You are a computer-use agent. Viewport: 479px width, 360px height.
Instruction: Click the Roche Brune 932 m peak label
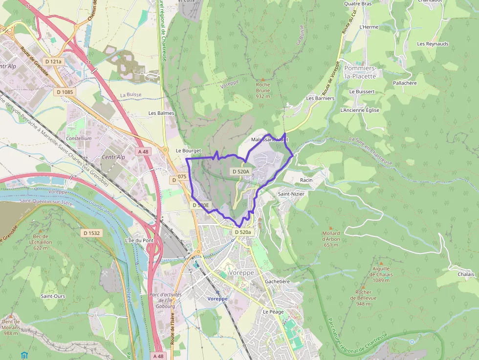262,90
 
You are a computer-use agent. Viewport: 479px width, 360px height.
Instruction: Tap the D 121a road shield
53,62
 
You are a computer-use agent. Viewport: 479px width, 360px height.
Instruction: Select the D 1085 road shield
65,92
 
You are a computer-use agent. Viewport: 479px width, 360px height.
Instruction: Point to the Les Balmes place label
161,113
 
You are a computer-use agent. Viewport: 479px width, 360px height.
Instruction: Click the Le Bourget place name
188,151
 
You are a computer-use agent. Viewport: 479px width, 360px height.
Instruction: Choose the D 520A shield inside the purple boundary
240,171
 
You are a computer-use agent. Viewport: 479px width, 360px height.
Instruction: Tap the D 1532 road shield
91,233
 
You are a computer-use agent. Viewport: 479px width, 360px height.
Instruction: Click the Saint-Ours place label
53,296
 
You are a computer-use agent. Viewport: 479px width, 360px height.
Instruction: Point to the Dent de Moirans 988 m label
11,327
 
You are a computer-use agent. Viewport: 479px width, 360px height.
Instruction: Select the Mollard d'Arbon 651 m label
331,239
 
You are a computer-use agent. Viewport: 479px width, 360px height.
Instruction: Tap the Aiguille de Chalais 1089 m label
381,274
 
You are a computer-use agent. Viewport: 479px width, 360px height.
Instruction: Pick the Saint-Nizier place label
291,194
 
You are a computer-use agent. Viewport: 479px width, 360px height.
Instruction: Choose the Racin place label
306,180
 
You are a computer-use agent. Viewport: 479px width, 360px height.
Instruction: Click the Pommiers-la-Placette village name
360,72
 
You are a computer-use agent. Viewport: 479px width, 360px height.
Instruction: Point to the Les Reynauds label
433,44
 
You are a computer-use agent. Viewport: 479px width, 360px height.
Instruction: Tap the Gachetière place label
277,281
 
